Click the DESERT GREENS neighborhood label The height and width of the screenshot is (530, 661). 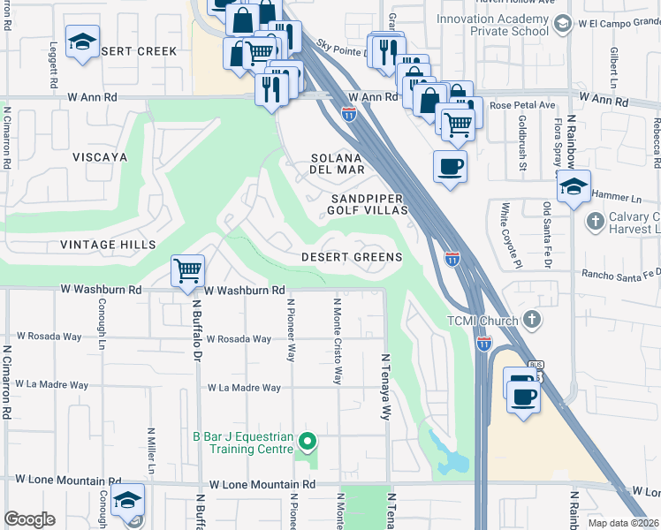(352, 257)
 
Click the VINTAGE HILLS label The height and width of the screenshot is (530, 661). (108, 244)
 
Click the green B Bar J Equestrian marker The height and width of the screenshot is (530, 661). (308, 440)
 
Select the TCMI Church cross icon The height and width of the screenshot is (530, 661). (531, 318)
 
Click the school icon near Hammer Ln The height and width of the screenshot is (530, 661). (574, 186)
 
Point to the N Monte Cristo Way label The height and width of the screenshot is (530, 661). (337, 340)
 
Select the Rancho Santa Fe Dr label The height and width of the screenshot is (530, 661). (619, 274)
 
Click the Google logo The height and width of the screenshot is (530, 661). (29, 519)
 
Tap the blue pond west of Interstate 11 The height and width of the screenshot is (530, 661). (454, 460)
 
